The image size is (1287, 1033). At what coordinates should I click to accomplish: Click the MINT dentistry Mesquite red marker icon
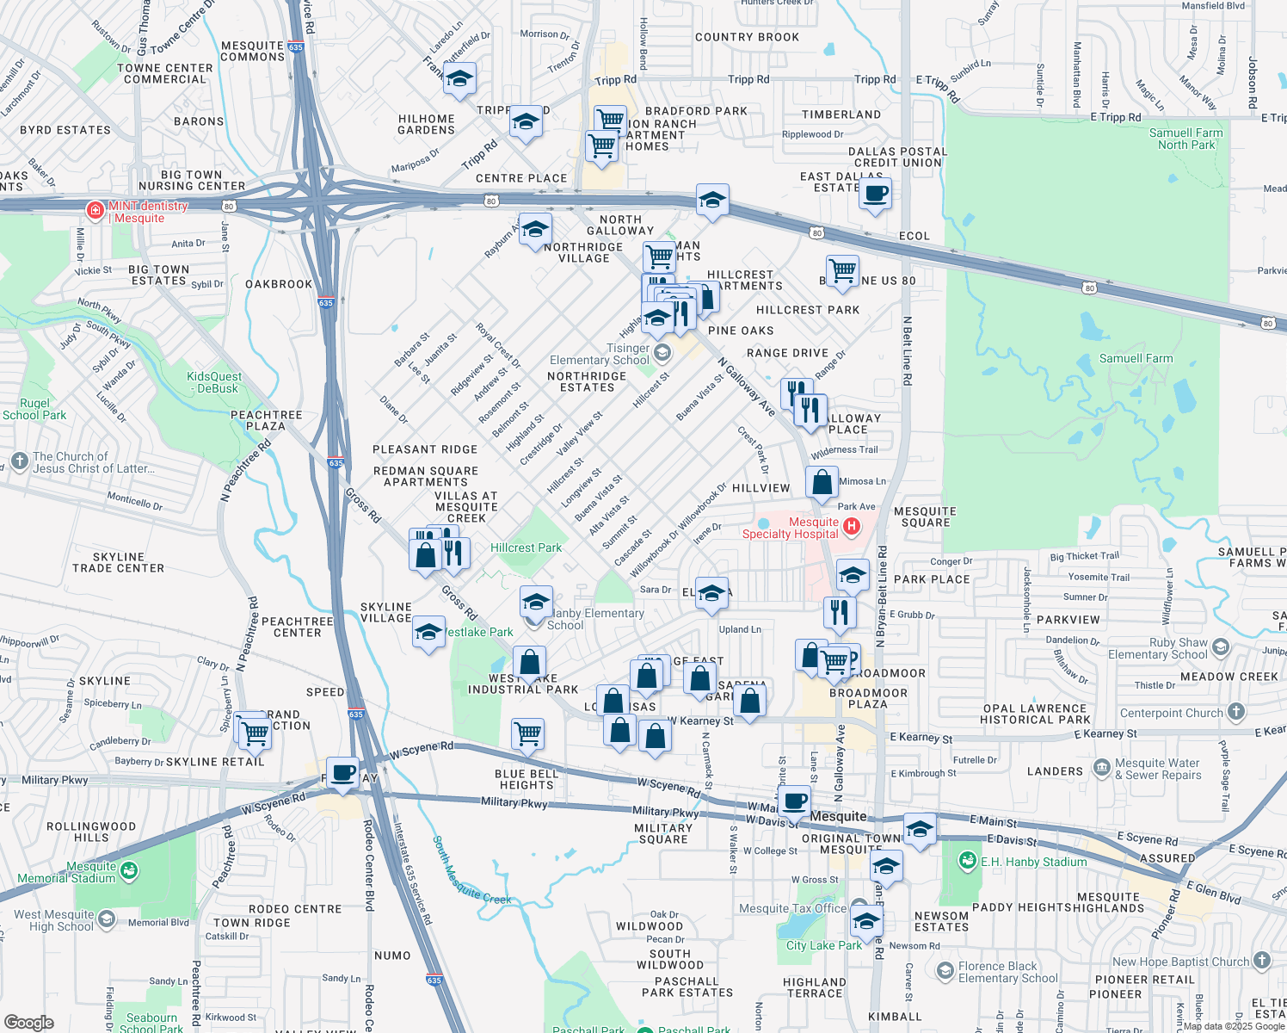95,209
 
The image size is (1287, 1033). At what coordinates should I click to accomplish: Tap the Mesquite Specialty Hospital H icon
852,527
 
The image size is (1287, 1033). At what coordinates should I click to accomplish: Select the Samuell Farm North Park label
1186,139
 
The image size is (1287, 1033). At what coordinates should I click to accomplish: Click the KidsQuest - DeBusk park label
214,382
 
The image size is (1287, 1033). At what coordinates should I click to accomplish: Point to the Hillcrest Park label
526,547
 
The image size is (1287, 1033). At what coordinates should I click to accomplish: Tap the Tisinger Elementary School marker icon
662,352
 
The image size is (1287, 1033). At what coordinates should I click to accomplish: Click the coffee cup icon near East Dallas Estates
875,194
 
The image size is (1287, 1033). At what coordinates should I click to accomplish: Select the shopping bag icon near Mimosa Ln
822,484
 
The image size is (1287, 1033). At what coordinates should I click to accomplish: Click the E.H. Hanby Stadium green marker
967,861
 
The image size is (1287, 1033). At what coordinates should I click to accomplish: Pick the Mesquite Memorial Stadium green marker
129,871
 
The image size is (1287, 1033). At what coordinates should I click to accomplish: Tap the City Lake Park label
823,945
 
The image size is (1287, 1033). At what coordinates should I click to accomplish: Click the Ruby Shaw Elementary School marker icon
1221,647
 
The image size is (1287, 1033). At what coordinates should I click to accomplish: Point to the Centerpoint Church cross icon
1236,712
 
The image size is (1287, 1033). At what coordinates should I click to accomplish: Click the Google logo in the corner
28,1023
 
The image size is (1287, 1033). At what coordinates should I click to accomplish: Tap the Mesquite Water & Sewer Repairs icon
1102,767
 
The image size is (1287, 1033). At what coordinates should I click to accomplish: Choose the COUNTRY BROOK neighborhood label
747,37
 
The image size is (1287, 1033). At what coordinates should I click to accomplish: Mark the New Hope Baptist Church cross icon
1262,960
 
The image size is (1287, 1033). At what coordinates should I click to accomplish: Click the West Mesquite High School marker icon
106,919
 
